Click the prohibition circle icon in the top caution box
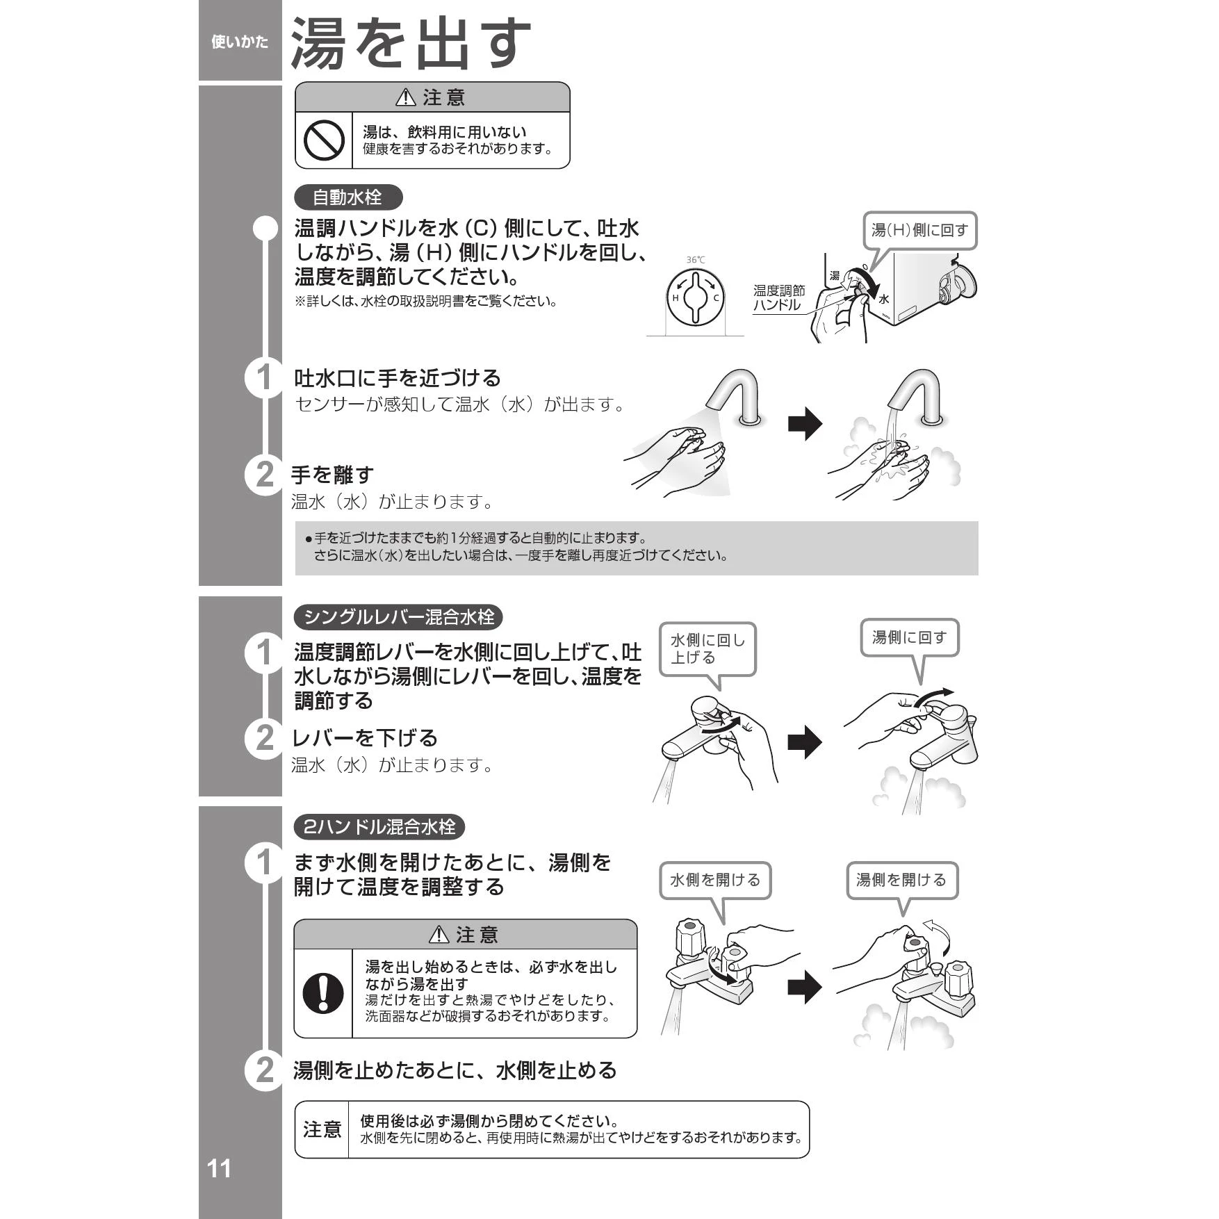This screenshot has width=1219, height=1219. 324,140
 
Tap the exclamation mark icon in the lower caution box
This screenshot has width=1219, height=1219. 323,992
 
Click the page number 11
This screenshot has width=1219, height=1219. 219,1168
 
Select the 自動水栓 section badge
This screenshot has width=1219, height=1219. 348,197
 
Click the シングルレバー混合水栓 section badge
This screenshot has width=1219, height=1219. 398,616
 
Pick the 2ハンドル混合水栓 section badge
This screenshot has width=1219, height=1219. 379,826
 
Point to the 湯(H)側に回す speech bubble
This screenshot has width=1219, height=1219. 919,230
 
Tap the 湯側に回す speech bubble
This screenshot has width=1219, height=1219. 910,637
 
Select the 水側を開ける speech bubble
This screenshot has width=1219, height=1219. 715,880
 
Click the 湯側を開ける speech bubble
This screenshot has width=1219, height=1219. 902,880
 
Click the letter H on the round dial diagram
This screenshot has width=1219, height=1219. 675,298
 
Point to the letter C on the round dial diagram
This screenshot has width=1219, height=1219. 716,298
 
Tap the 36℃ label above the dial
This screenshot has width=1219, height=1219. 696,260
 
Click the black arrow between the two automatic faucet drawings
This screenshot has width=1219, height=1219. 805,424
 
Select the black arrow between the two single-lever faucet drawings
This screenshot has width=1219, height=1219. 805,742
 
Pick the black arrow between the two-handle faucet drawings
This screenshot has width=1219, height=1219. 805,987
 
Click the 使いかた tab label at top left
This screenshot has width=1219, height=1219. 240,42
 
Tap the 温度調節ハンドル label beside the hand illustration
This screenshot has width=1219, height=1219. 779,297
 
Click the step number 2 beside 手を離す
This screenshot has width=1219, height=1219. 265,475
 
